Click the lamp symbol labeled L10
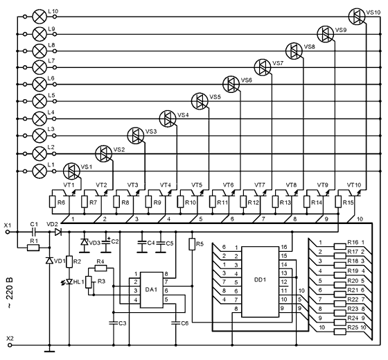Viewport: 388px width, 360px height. [x=39, y=17]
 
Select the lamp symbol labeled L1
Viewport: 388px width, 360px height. [x=39, y=171]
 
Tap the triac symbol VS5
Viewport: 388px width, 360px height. [x=200, y=101]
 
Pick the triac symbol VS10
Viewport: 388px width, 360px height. [x=357, y=17]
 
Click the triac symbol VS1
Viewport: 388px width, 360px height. [x=71, y=171]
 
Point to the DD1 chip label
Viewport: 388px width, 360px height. [x=260, y=280]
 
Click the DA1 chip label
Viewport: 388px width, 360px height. [x=151, y=289]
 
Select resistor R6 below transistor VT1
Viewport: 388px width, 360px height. [x=53, y=202]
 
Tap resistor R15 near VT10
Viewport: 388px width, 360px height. [x=338, y=202]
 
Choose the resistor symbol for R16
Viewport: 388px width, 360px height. [x=339, y=246]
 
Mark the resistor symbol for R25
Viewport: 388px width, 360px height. [x=339, y=332]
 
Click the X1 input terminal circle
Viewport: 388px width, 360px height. [x=8, y=232]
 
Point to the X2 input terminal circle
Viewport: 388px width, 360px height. [x=8, y=345]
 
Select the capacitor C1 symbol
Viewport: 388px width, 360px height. [x=34, y=232]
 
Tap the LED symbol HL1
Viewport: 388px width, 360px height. [x=69, y=282]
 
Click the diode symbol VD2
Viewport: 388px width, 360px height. [x=58, y=232]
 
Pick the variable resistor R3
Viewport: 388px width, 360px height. [x=89, y=282]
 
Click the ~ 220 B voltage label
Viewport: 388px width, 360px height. [x=10, y=293]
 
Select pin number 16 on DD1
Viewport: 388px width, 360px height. [x=284, y=247]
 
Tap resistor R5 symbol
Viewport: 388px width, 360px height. [x=192, y=244]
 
